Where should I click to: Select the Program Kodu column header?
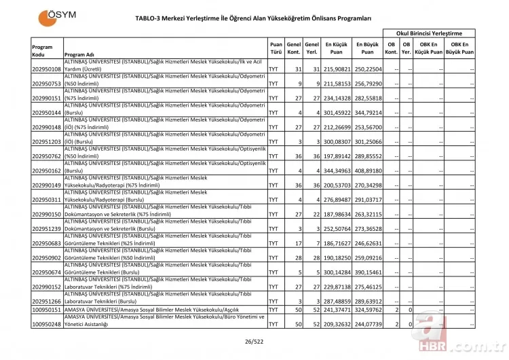[43, 51]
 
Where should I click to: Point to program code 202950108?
[46, 69]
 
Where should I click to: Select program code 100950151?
[46, 310]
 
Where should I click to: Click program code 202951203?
[46, 141]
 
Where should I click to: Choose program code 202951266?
[46, 301]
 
